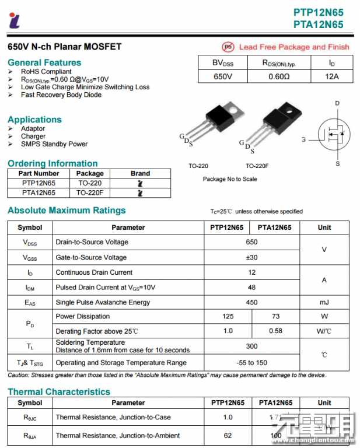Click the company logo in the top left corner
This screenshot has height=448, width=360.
click(14, 20)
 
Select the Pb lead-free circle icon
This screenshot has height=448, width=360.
click(228, 47)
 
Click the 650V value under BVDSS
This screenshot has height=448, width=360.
click(223, 76)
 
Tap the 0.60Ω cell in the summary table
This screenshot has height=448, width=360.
click(279, 76)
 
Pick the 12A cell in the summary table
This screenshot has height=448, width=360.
click(331, 76)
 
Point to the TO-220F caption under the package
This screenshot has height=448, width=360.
click(257, 166)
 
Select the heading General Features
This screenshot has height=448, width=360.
click(44, 62)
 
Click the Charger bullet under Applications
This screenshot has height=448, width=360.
click(33, 136)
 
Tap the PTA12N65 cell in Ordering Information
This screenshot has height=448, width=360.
click(39, 192)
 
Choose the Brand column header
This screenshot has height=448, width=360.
click(140, 173)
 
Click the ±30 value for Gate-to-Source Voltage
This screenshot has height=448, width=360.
click(251, 257)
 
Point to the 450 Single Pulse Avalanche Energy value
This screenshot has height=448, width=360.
click(251, 302)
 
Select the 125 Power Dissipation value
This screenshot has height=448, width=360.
click(228, 316)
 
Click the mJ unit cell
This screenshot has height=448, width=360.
click(324, 302)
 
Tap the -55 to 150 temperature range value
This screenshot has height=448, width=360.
click(251, 362)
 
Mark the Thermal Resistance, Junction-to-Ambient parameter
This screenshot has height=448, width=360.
click(117, 435)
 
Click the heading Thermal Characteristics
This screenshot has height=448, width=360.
click(58, 391)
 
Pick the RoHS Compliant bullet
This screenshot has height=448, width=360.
click(46, 72)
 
